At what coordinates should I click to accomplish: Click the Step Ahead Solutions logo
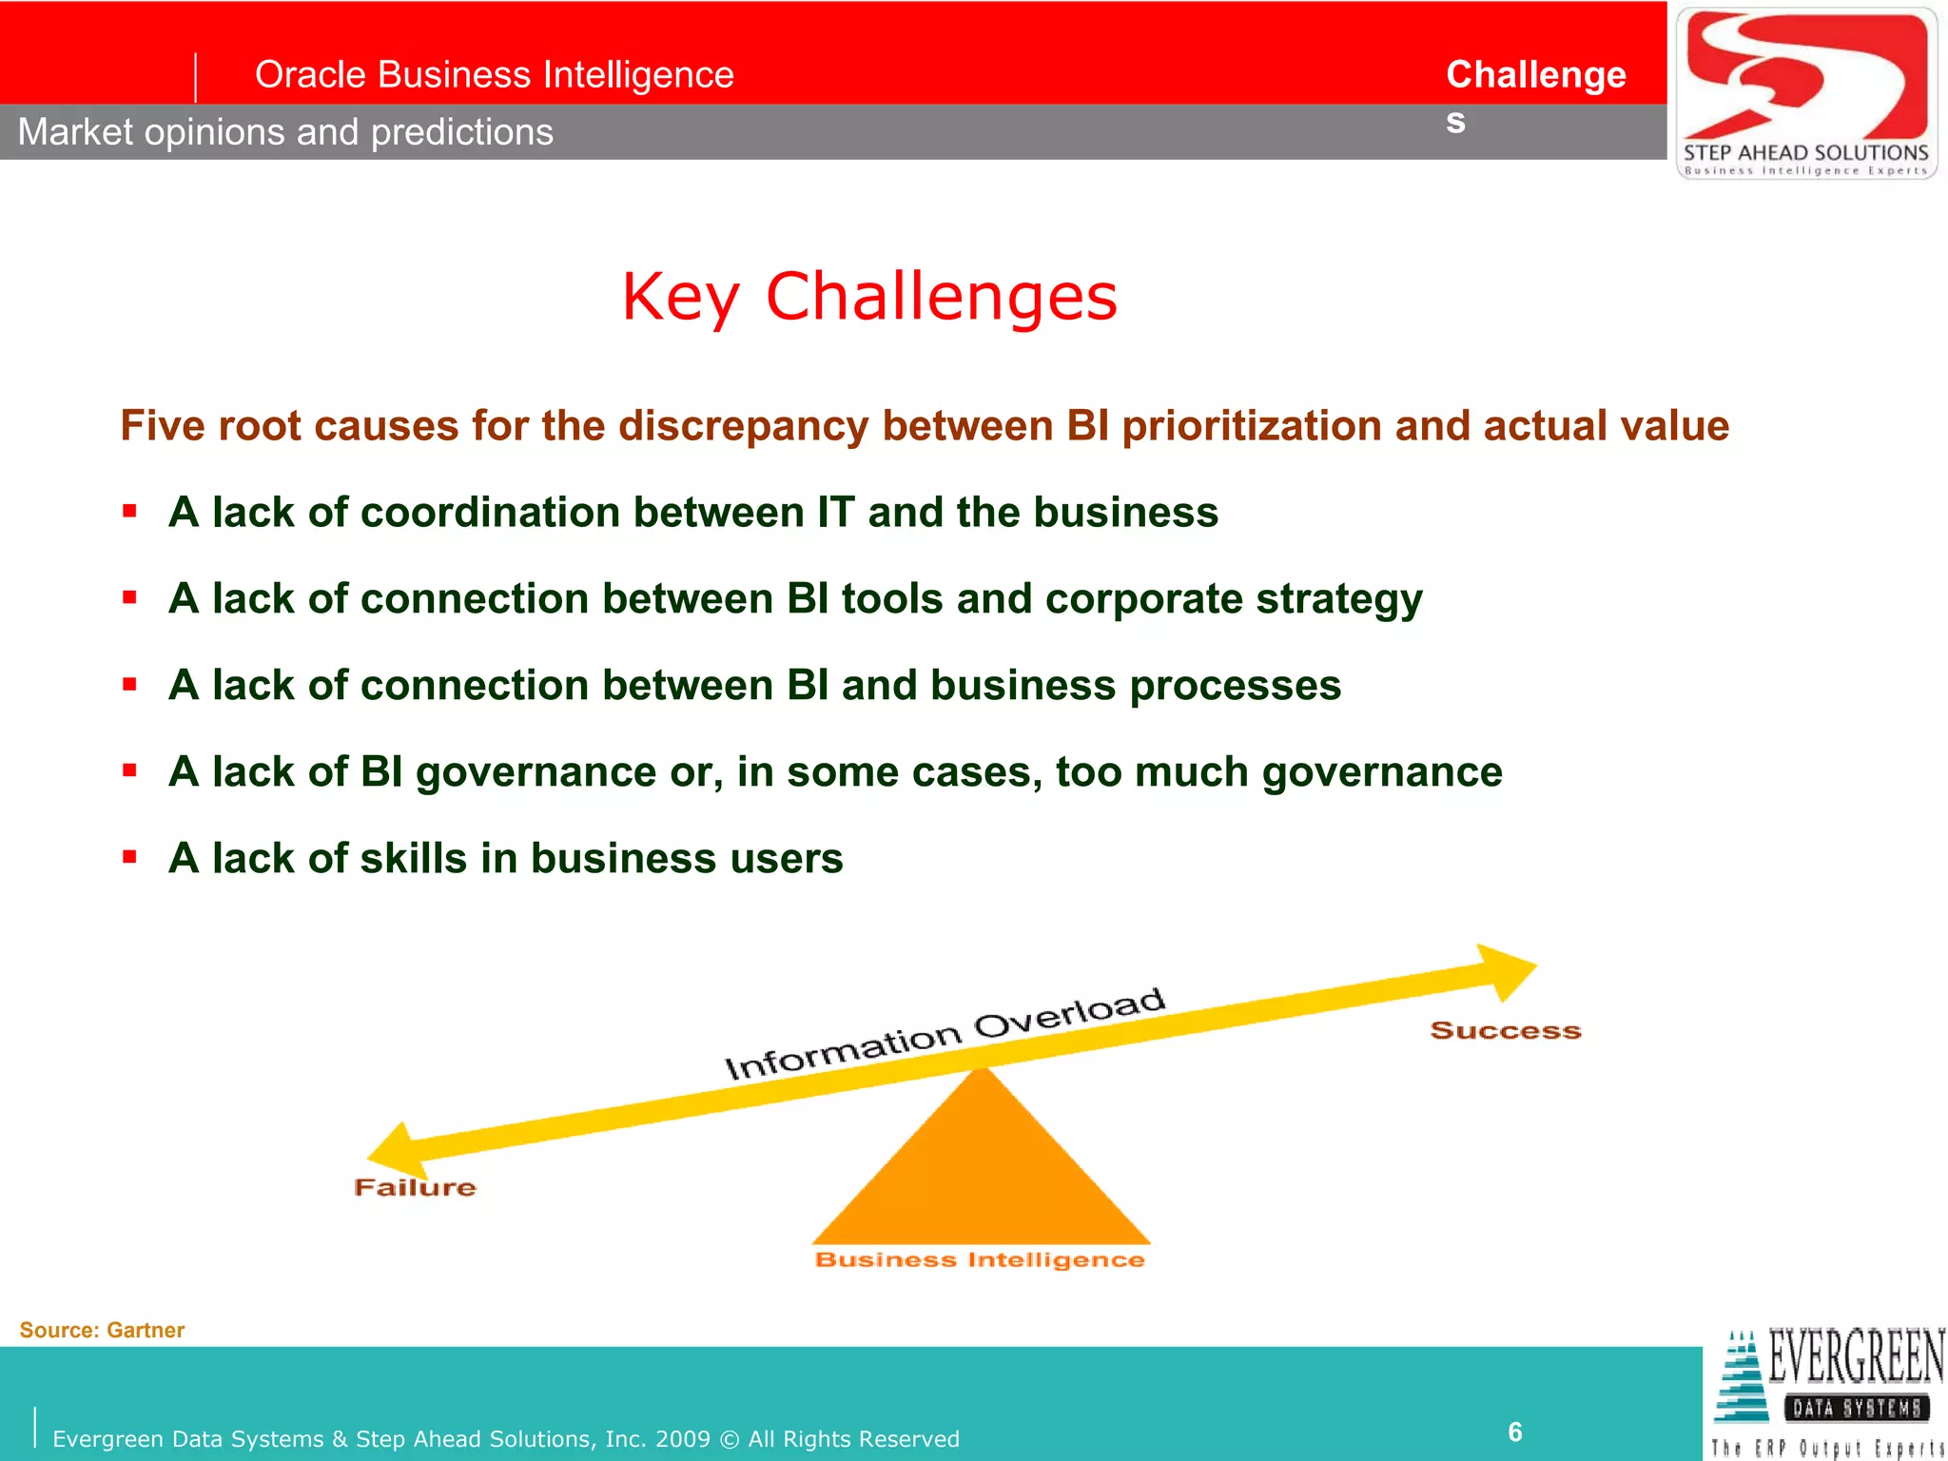[x=1805, y=92]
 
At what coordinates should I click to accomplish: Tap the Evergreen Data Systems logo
[x=1828, y=1391]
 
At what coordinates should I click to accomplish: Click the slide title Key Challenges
[x=868, y=297]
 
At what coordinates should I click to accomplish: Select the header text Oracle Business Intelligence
[x=494, y=74]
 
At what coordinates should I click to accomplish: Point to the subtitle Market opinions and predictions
[x=285, y=132]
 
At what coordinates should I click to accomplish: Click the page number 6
[x=1514, y=1432]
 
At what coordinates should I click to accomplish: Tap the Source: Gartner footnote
[x=102, y=1330]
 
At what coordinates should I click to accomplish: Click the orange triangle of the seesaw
[x=982, y=1170]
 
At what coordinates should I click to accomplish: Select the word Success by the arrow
[x=1505, y=1031]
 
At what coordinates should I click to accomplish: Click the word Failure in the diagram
[x=415, y=1187]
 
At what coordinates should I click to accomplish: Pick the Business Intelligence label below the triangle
[x=980, y=1260]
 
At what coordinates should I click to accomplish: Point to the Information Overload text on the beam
[x=945, y=1034]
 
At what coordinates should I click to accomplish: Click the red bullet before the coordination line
[x=130, y=512]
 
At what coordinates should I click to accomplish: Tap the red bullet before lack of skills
[x=130, y=857]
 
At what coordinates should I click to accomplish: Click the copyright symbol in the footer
[x=729, y=1439]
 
